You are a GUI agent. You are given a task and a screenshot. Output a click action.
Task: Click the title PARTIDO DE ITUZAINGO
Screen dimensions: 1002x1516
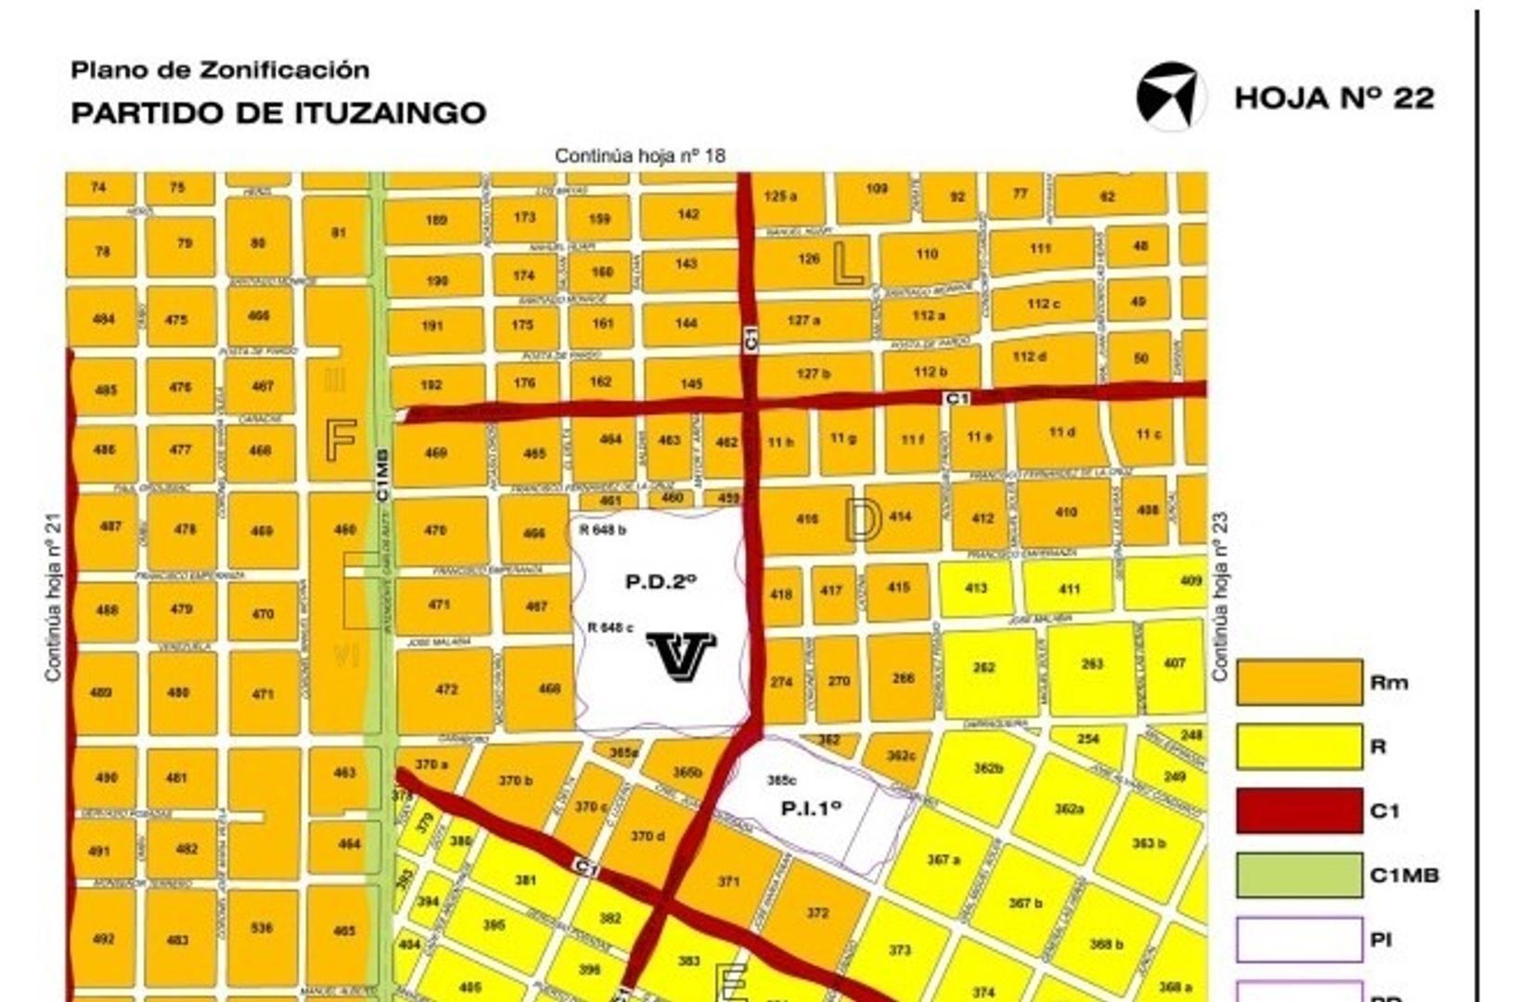pos(278,113)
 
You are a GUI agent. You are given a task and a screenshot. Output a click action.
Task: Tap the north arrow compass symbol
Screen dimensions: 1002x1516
pos(1170,96)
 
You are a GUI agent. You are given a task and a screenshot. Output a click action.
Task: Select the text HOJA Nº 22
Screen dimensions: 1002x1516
pos(1334,98)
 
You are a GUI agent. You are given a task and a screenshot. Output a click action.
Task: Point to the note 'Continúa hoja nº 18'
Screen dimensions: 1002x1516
pos(639,155)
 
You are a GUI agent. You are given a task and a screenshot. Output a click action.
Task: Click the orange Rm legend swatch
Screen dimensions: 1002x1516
pos(1299,683)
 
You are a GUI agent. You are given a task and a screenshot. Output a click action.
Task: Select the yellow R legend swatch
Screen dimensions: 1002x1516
pos(1299,747)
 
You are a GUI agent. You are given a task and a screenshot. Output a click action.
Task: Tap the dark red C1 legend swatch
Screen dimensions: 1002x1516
pos(1299,811)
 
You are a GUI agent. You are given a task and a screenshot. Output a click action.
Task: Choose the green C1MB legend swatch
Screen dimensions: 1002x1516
pos(1299,875)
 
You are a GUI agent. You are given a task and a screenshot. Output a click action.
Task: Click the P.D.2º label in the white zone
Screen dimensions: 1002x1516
pos(661,582)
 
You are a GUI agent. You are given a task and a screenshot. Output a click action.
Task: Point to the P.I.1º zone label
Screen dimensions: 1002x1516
pos(811,808)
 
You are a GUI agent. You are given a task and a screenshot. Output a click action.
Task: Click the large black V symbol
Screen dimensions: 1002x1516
pos(681,656)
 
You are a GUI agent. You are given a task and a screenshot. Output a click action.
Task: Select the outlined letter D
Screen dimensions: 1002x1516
pos(863,519)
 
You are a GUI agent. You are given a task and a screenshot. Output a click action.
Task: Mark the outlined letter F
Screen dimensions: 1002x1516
pos(340,440)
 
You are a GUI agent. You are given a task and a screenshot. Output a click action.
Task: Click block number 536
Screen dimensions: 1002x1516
pos(262,927)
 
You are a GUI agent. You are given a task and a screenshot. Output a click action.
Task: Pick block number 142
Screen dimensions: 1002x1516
pos(687,214)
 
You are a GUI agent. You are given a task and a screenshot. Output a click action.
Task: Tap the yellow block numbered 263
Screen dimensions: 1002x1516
pos(1092,663)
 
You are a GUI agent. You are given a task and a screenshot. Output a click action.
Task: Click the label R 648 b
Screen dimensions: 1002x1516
pos(602,530)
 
